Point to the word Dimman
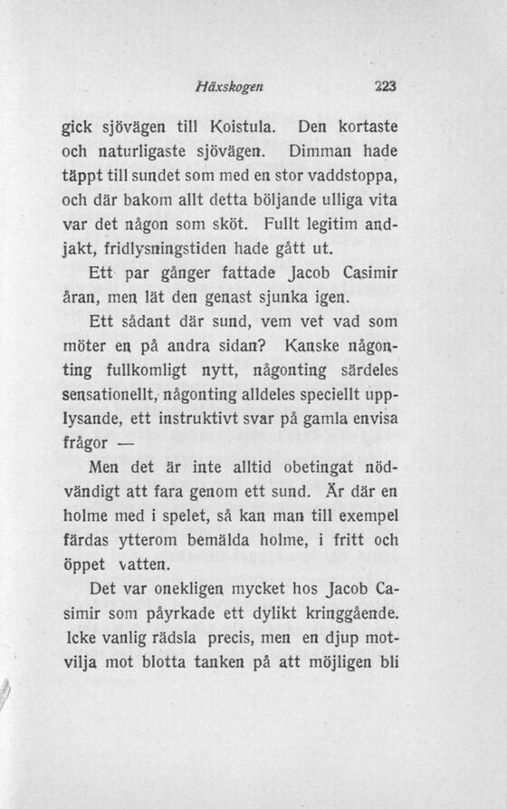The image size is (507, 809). pyautogui.click(x=320, y=149)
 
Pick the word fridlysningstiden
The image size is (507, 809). pyautogui.click(x=186, y=247)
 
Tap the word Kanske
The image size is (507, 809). pyautogui.click(x=315, y=345)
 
